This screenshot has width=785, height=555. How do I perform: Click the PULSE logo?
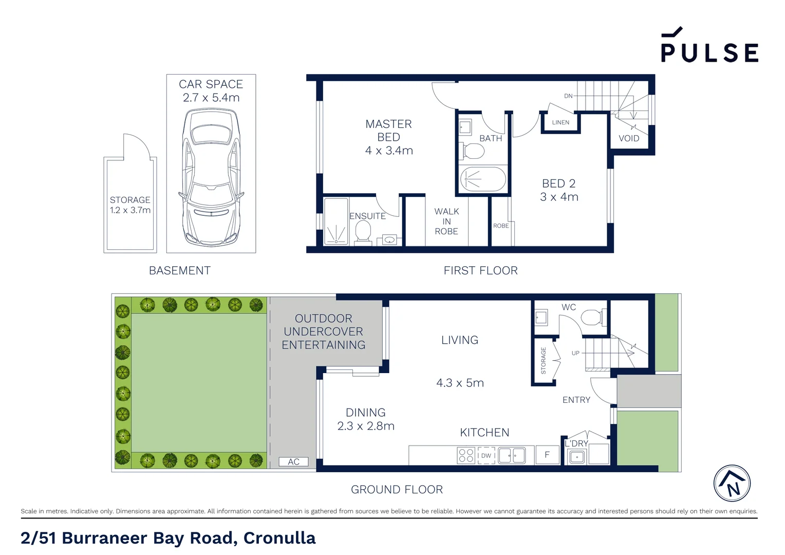[x=709, y=47]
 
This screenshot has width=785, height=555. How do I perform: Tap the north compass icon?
[x=732, y=484]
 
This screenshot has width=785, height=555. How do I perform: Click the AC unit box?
[x=293, y=461]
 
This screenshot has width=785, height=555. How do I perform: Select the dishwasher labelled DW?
[x=486, y=455]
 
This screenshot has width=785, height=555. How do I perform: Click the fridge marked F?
[x=547, y=455]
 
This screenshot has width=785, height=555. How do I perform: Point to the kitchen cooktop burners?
[x=466, y=455]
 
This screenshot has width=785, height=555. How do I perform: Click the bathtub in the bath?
[x=483, y=179]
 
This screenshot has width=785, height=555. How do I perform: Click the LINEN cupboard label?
[x=560, y=122]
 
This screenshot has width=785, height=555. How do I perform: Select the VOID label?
[x=629, y=138]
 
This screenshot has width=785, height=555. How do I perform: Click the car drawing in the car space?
[x=211, y=177]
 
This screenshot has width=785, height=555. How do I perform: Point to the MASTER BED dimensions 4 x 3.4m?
[x=389, y=151]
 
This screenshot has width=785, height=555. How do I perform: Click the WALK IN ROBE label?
[x=446, y=221]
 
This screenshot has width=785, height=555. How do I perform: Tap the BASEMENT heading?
[x=180, y=270]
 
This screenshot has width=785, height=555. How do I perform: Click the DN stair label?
[x=568, y=96]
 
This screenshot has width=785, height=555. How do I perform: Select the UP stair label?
[x=575, y=353]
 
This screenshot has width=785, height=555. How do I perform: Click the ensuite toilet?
[x=363, y=233]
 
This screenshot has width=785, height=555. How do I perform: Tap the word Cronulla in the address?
[x=279, y=538]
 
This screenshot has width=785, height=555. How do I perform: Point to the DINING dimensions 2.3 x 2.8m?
[x=366, y=426]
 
